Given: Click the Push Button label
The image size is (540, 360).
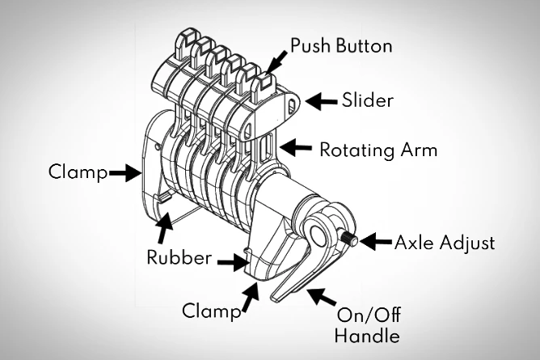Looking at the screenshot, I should [341, 45].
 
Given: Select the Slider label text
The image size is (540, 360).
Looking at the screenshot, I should [367, 100].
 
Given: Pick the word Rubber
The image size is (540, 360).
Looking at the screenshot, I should [179, 259].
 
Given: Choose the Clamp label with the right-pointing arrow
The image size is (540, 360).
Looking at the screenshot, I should [77, 172].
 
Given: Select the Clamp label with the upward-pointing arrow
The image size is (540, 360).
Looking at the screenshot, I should [213, 310].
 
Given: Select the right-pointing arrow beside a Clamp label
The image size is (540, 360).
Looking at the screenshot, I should [123, 172].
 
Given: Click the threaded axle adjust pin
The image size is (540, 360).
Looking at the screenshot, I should [352, 240].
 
